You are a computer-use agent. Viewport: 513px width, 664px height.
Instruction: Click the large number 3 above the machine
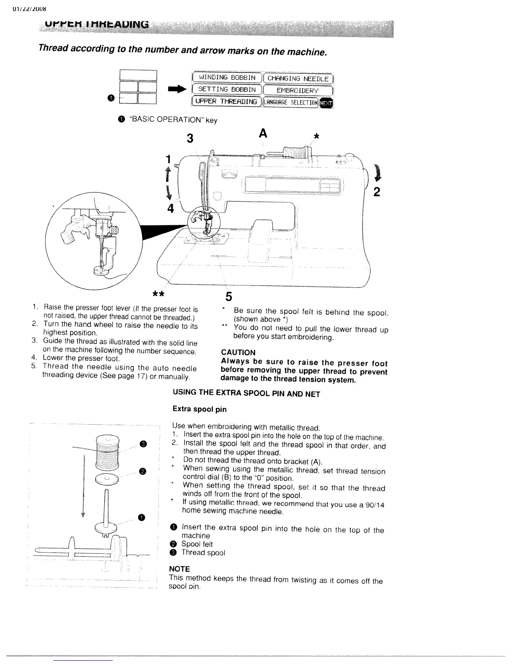click(x=190, y=138)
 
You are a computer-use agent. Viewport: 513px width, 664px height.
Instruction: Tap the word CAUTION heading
click(x=238, y=353)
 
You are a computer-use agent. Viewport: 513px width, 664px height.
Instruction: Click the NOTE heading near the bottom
click(x=179, y=569)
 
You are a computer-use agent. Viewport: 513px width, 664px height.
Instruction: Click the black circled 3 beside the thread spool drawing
click(x=143, y=444)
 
